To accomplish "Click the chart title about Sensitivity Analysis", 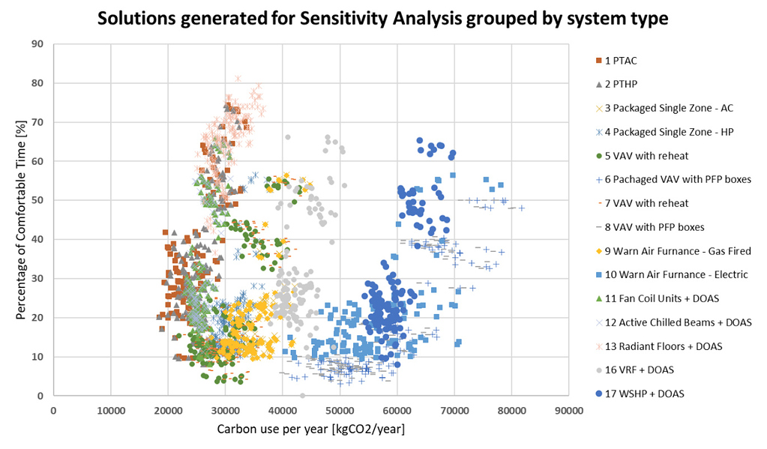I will point(382,17).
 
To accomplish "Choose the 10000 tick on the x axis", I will point(110,411).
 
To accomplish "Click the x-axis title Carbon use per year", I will point(310,430).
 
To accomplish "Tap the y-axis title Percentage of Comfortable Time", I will point(21,219).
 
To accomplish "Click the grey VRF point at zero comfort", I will point(303,395).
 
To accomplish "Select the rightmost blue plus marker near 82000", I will point(522,208).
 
